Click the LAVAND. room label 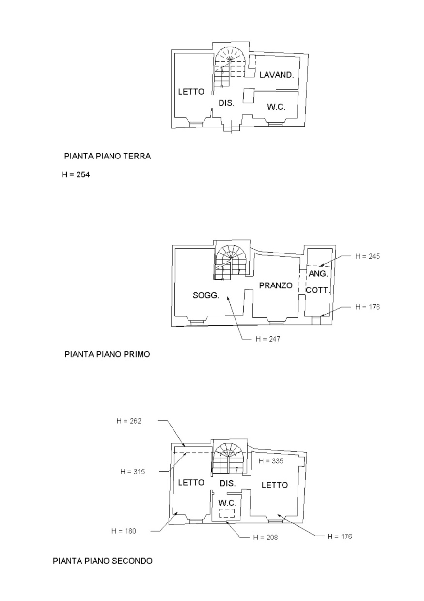pyautogui.click(x=277, y=74)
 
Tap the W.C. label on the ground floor pyautogui.click(x=276, y=107)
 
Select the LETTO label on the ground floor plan pyautogui.click(x=191, y=92)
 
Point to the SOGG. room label pyautogui.click(x=206, y=295)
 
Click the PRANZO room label pyautogui.click(x=276, y=285)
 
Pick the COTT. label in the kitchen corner pyautogui.click(x=317, y=290)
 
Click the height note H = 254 pyautogui.click(x=76, y=174)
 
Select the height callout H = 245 pyautogui.click(x=367, y=256)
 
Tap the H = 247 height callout pyautogui.click(x=267, y=339)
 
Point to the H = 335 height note pyautogui.click(x=271, y=461)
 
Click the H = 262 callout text pyautogui.click(x=129, y=421)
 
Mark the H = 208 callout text pyautogui.click(x=265, y=538)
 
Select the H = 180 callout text pyautogui.click(x=124, y=531)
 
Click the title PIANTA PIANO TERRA pyautogui.click(x=108, y=156)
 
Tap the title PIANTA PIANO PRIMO pyautogui.click(x=107, y=354)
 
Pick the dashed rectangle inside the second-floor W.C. pyautogui.click(x=227, y=513)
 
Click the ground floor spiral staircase pyautogui.click(x=230, y=67)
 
